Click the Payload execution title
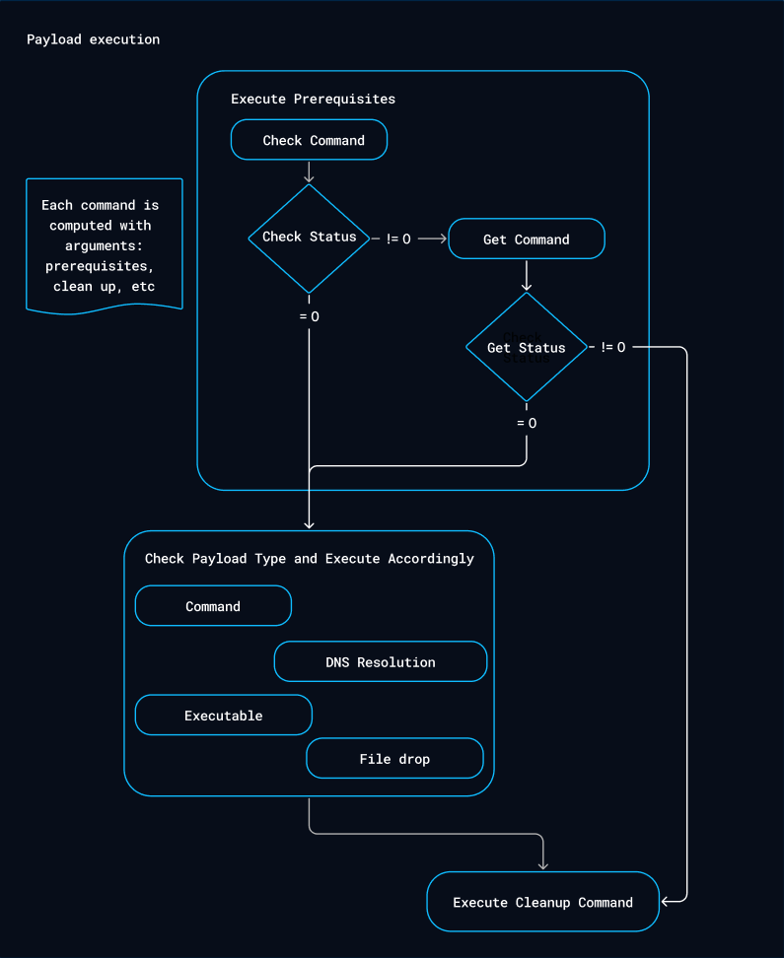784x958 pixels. pos(93,39)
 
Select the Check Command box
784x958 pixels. pos(309,140)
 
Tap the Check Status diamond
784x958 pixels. pos(309,238)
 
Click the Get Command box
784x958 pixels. pos(526,239)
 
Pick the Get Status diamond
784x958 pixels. pos(526,348)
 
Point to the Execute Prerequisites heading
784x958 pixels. pos(313,99)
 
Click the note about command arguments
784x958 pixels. pos(104,245)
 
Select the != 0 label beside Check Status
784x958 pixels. pos(398,239)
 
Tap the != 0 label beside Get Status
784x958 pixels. pos(612,347)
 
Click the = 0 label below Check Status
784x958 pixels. pos(309,316)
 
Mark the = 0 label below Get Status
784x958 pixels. pos(527,423)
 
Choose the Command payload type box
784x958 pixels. pos(213,606)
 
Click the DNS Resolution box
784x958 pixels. pos(381,662)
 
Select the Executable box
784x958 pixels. pos(224,716)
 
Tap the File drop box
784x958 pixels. pos(394,759)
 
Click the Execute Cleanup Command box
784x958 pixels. pos(542,902)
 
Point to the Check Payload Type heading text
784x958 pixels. pos(309,559)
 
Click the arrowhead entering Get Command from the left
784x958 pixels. pos(444,239)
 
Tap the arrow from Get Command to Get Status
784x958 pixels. pos(527,275)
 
